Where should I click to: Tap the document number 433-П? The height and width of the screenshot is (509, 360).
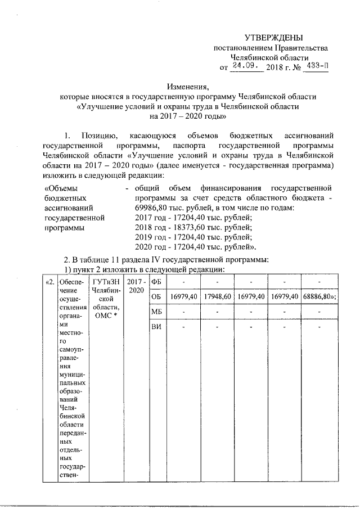click(x=314, y=66)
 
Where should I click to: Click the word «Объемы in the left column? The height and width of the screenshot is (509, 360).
click(x=61, y=188)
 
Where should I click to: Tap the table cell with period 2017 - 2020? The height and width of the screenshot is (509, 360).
click(x=136, y=285)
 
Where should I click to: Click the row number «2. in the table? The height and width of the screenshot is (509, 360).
click(x=49, y=281)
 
